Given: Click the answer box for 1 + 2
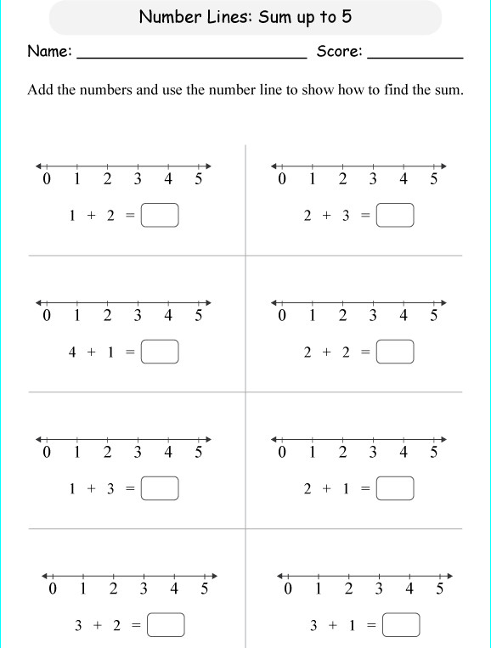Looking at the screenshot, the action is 161,216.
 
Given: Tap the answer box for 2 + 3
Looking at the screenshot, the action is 395,216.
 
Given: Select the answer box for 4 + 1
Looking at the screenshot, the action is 161,352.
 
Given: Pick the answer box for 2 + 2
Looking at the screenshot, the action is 395,352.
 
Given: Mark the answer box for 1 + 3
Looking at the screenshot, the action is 161,488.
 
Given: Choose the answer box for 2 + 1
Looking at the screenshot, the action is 395,488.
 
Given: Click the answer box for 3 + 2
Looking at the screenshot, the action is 166,626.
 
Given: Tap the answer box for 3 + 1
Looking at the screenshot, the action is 401,626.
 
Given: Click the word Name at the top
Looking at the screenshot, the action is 48,52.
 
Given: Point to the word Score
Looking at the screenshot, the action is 339,52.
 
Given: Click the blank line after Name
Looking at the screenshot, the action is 192,56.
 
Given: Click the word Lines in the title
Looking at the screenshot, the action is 223,17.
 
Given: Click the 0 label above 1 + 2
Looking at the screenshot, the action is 47,179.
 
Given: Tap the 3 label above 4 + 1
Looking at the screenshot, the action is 138,316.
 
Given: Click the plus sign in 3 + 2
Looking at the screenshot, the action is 97,626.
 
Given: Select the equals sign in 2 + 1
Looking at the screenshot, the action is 365,488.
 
